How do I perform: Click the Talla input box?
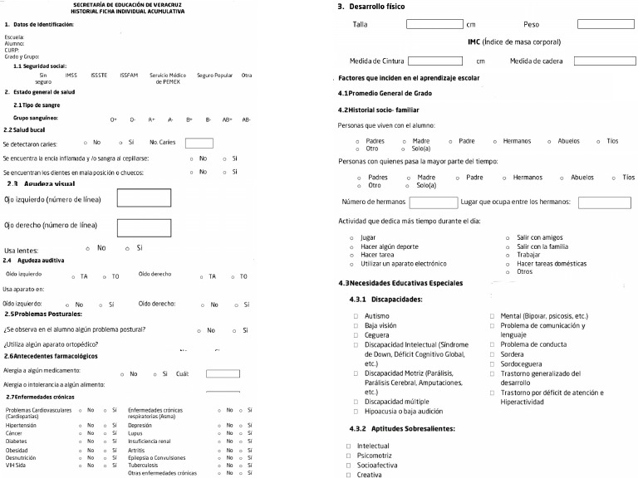pyautogui.click(x=434, y=24)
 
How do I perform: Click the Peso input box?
pyautogui.click(x=605, y=24)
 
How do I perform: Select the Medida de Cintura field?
pyautogui.click(x=434, y=61)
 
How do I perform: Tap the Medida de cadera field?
pyautogui.click(x=605, y=61)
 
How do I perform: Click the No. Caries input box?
pyautogui.click(x=199, y=143)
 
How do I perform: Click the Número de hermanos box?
pyautogui.click(x=434, y=202)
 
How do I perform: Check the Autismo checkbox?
pyautogui.click(x=356, y=316)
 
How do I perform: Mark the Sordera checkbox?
pyautogui.click(x=493, y=353)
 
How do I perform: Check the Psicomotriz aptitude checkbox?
pyautogui.click(x=349, y=456)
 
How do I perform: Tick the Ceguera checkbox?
pyautogui.click(x=356, y=334)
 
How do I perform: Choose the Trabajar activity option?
pyautogui.click(x=508, y=255)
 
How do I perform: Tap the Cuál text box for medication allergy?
pyautogui.click(x=222, y=373)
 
